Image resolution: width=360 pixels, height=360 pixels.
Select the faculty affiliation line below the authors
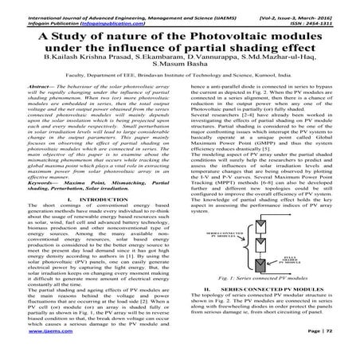(180, 92)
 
